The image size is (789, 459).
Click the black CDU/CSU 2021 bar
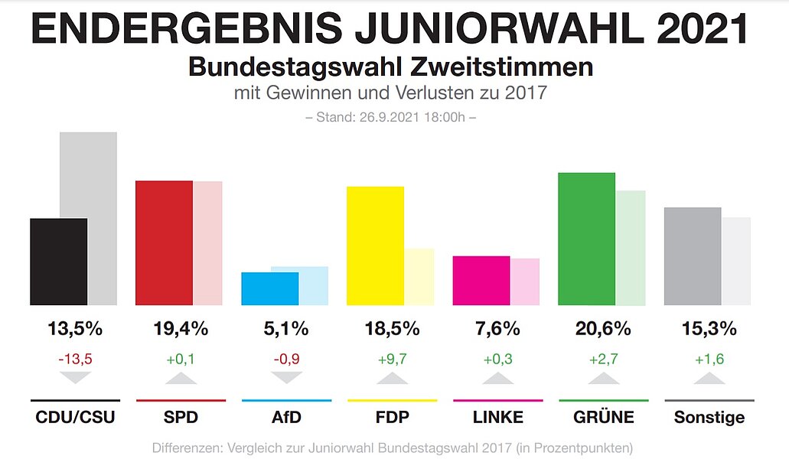pos(59,262)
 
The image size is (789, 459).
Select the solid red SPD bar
pos(164,243)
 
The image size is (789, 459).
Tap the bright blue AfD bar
pos(269,288)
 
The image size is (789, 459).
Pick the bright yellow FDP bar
pos(375,246)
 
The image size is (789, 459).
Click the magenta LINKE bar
pos(481,280)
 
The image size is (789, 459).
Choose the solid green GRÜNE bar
pos(587,239)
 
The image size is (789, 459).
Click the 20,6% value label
pos(603,329)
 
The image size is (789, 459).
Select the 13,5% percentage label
pos(74,329)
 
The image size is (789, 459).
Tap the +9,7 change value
pos(393,359)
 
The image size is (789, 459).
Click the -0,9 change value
pos(287,359)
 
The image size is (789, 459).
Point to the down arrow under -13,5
pos(75,377)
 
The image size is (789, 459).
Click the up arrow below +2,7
pos(603,377)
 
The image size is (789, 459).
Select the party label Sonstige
pos(709,418)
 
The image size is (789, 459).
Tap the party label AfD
pos(286,418)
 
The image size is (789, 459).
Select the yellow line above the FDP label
pos(392,400)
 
